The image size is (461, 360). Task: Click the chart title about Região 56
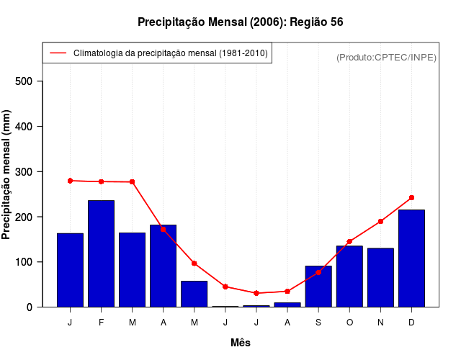point(240,22)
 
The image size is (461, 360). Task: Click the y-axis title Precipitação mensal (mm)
point(7,175)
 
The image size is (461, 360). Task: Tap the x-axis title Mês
point(241,343)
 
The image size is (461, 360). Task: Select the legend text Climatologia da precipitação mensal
point(170,53)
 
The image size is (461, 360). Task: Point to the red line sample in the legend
point(58,53)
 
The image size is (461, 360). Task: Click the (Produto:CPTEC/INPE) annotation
point(387,57)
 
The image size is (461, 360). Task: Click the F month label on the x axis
point(102,323)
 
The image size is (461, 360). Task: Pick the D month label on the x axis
point(411,323)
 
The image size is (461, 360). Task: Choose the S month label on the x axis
point(318,323)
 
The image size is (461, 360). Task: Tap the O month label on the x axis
point(349,323)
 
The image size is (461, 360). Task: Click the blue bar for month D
point(411,258)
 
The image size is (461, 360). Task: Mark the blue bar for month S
point(318,287)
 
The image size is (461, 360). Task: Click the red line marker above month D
point(411,197)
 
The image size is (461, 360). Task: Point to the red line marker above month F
point(102,181)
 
